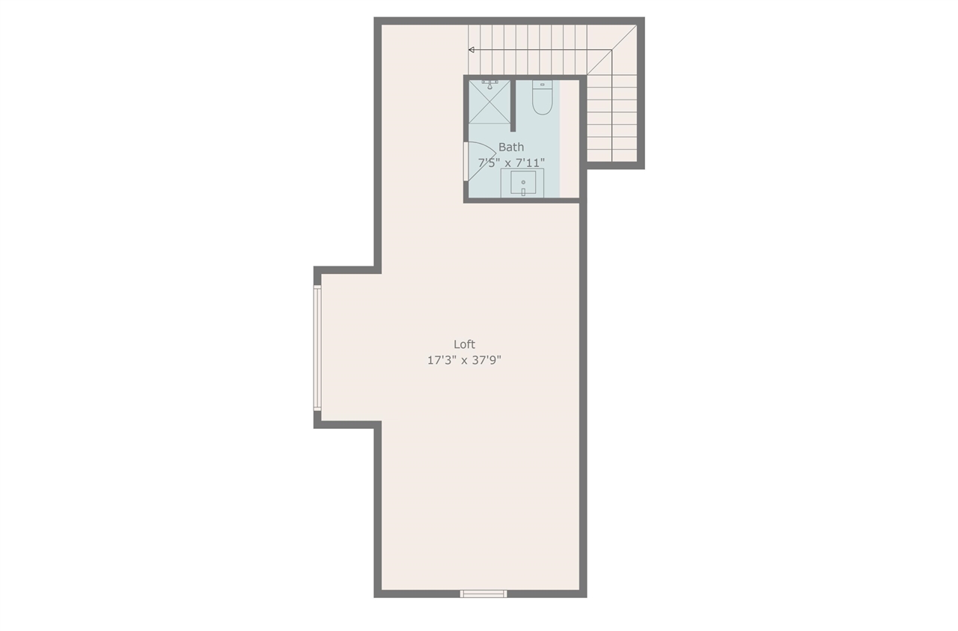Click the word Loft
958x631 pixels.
pyautogui.click(x=464, y=344)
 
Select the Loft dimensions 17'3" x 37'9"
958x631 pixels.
pyautogui.click(x=464, y=360)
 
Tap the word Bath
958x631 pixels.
pyautogui.click(x=511, y=147)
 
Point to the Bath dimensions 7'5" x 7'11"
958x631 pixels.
pyautogui.click(x=511, y=162)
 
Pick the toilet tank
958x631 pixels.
pyautogui.click(x=543, y=85)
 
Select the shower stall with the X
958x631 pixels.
pyautogui.click(x=489, y=102)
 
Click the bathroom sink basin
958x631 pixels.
pyautogui.click(x=523, y=183)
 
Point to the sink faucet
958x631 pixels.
pyautogui.click(x=523, y=192)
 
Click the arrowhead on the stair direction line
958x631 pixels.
pyautogui.click(x=472, y=50)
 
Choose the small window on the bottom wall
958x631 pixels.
pyautogui.click(x=483, y=594)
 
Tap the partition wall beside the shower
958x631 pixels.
pyautogui.click(x=513, y=105)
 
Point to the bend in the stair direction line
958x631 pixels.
pyautogui.click(x=611, y=51)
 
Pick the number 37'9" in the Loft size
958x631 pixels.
pyautogui.click(x=485, y=360)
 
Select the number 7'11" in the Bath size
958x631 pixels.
pyautogui.click(x=530, y=162)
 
